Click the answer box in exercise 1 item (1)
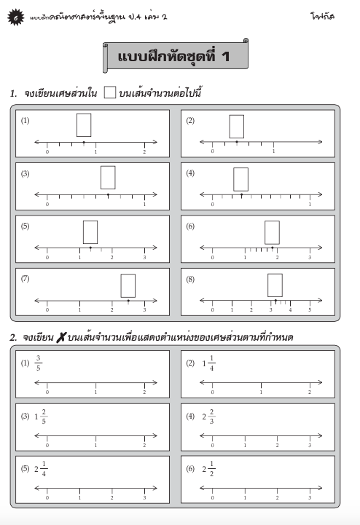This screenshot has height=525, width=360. point(84,125)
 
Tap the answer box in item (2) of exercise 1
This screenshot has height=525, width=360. point(236,127)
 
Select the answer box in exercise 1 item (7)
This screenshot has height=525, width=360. point(128,285)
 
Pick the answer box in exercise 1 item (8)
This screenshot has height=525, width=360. point(275,285)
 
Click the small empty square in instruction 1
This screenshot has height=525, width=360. point(110,92)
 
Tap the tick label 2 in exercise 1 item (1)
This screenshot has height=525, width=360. point(144,151)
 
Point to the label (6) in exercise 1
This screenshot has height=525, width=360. point(190,226)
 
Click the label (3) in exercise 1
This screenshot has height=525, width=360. point(25,173)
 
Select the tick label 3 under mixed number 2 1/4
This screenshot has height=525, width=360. point(144,498)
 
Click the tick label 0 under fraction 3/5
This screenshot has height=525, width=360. point(47,392)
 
